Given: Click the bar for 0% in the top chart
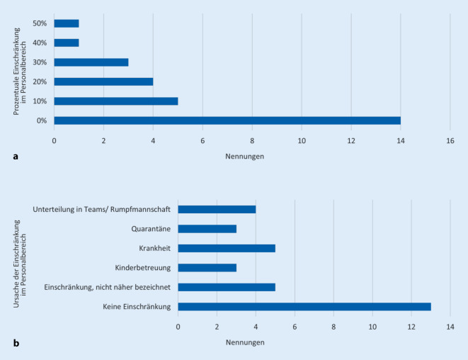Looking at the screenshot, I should click(x=227, y=120).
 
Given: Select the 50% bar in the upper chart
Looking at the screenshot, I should click(x=66, y=23).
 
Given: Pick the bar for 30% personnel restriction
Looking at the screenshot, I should click(x=91, y=62).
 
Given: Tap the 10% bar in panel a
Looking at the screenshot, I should click(x=115, y=101).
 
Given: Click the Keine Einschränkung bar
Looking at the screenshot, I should click(x=304, y=307).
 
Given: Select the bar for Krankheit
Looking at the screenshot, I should click(x=227, y=249).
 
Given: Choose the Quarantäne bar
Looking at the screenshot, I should click(x=207, y=229).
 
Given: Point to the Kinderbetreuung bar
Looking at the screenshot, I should click(x=207, y=268).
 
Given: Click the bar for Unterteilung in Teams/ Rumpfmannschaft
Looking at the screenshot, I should click(x=217, y=210).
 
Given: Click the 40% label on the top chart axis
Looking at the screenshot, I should click(x=40, y=43).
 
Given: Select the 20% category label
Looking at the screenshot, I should click(x=40, y=81).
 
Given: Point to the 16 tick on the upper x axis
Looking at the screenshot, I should click(x=450, y=140).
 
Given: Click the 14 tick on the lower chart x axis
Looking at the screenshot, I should click(x=450, y=327).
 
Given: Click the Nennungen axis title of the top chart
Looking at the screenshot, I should click(x=245, y=156).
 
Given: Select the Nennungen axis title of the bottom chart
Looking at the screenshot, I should click(x=245, y=342).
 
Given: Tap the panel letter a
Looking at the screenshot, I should click(x=16, y=157).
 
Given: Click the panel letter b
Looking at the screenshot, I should click(x=16, y=343).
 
